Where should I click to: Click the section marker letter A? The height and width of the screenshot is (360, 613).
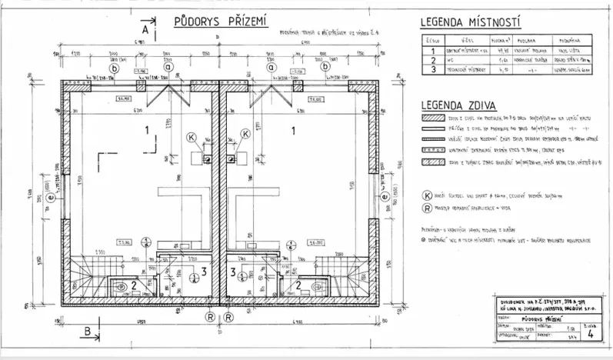143,29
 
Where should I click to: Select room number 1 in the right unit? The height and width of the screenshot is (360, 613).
294,131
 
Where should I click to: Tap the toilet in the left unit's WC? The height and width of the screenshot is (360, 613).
119,287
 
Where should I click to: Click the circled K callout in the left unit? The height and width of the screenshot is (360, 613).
192,135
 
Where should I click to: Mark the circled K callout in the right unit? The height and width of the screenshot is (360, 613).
245,134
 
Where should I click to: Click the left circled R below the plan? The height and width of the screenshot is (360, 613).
208,315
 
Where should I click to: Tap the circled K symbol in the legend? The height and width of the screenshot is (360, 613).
427,196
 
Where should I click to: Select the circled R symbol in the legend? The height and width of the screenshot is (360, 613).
427,208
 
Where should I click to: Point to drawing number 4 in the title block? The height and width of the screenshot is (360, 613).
588,334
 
